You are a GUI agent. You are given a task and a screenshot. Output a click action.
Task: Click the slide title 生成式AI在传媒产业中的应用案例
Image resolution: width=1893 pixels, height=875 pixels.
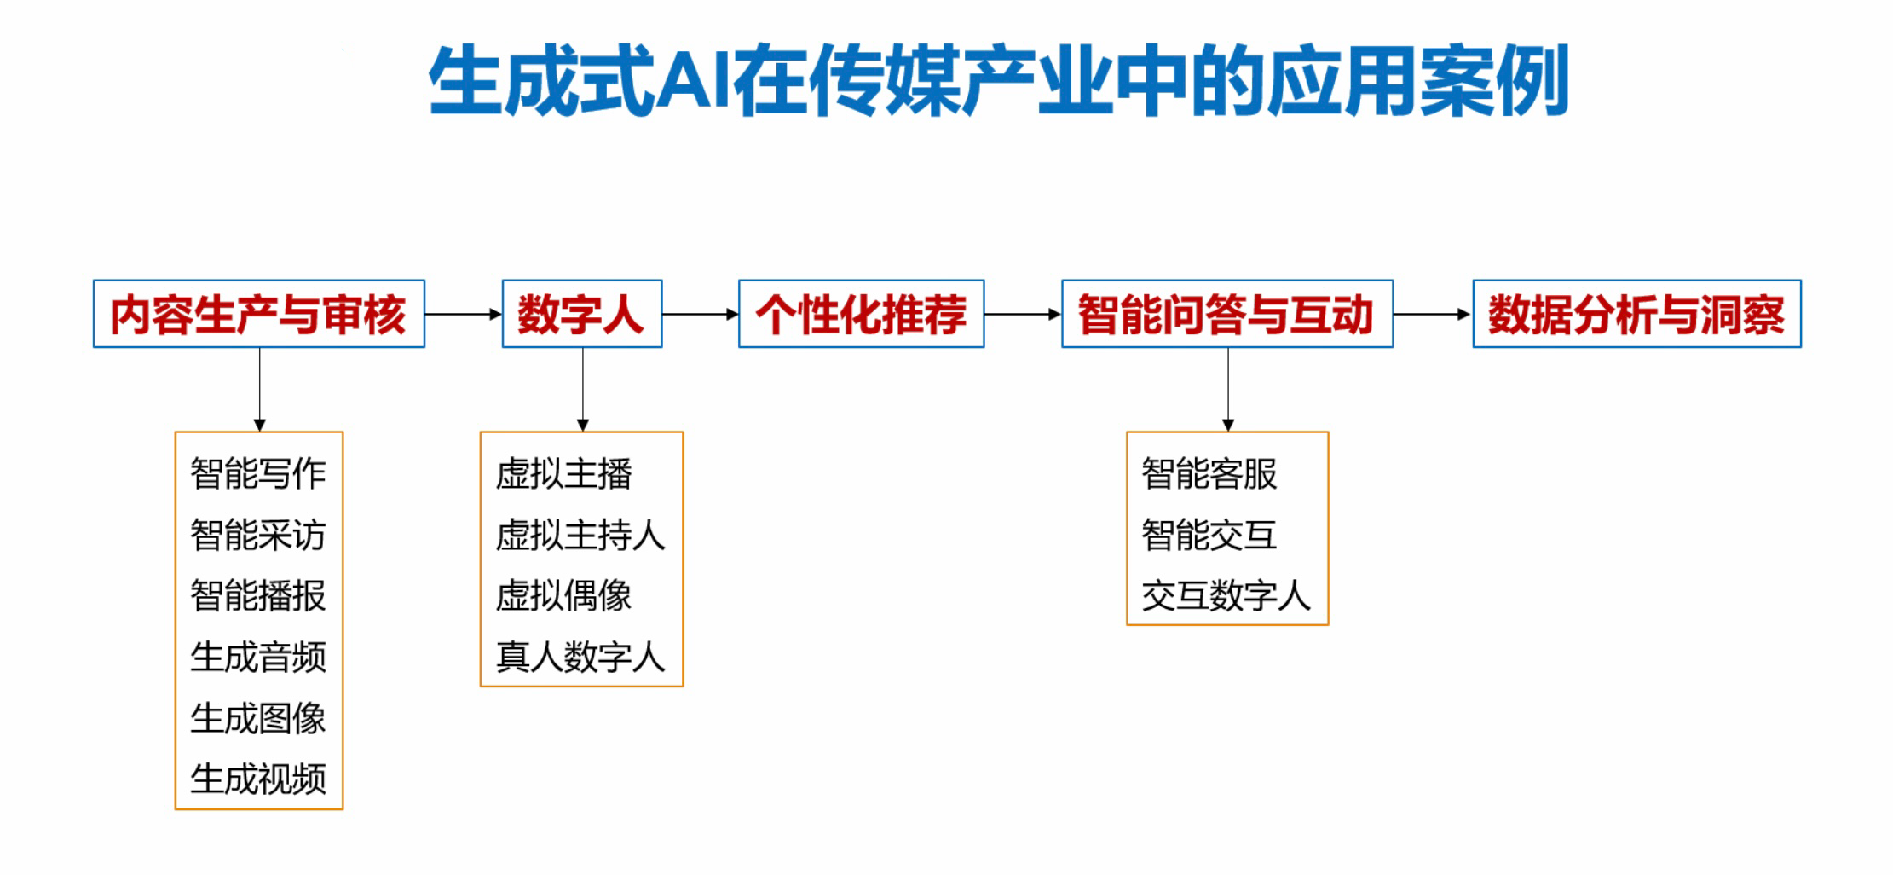pyautogui.click(x=998, y=81)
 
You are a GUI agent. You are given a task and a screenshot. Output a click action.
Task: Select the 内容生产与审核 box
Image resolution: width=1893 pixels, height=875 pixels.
pyautogui.click(x=259, y=314)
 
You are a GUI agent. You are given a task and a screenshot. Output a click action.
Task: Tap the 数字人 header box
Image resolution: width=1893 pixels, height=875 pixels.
pyautogui.click(x=582, y=314)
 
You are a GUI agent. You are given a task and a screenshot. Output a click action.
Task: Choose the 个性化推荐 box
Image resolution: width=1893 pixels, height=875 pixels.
pyautogui.click(x=862, y=314)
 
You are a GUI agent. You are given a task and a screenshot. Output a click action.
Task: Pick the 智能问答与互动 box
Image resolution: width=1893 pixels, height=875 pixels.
pyautogui.click(x=1227, y=314)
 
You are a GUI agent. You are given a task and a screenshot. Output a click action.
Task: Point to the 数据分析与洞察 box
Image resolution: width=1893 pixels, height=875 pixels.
pyautogui.click(x=1637, y=314)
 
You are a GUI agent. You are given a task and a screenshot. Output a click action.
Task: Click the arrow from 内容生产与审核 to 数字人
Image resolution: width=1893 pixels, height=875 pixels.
pyautogui.click(x=464, y=314)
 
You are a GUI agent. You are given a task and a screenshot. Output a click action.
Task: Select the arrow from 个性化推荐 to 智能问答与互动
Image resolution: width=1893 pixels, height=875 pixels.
pyautogui.click(x=1023, y=314)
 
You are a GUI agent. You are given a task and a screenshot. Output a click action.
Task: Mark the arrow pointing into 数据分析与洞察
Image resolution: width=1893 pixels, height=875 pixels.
pyautogui.click(x=1433, y=314)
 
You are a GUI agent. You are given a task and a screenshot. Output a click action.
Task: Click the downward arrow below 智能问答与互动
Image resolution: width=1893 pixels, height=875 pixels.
pyautogui.click(x=1228, y=390)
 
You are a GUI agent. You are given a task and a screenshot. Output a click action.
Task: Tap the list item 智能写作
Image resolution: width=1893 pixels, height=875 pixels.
pyautogui.click(x=258, y=473)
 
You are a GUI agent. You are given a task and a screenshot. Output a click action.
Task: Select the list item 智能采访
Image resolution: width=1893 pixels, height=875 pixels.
pyautogui.click(x=258, y=535)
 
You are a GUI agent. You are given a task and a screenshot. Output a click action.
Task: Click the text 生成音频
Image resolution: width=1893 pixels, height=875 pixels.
pyautogui.click(x=258, y=657)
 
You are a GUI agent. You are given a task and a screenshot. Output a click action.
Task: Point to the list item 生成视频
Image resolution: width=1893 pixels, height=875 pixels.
pyautogui.click(x=258, y=779)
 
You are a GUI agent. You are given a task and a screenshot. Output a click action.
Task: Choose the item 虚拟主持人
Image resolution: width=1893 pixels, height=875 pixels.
pyautogui.click(x=580, y=535)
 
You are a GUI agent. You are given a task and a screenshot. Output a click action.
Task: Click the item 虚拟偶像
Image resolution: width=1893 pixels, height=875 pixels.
pyautogui.click(x=563, y=595)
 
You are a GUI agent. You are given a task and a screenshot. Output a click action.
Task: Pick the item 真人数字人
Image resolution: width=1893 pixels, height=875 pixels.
pyautogui.click(x=580, y=657)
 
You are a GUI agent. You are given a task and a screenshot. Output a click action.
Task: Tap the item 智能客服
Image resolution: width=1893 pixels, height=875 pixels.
pyautogui.click(x=1209, y=473)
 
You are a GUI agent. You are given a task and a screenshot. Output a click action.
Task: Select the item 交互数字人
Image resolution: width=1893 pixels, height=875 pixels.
pyautogui.click(x=1226, y=595)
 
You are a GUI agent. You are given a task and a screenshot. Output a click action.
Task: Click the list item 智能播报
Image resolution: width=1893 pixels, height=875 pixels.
pyautogui.click(x=258, y=595)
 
